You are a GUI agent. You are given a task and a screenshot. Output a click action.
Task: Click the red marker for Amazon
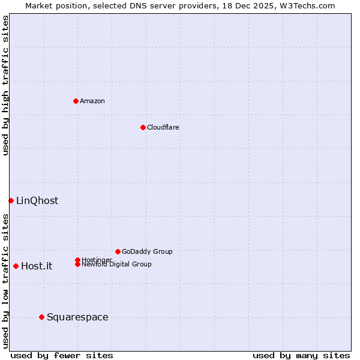(x=76, y=101)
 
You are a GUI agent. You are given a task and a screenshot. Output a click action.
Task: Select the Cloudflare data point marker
(x=143, y=127)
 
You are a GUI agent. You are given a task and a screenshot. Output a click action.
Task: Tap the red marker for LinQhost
(x=11, y=200)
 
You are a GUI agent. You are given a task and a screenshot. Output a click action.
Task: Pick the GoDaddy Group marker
(x=118, y=251)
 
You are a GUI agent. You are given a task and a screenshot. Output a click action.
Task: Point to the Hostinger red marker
(x=77, y=260)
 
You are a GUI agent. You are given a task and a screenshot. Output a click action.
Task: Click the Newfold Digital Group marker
(x=77, y=265)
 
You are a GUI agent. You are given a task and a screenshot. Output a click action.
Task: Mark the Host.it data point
(x=16, y=266)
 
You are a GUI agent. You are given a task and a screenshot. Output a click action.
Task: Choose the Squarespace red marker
(x=41, y=317)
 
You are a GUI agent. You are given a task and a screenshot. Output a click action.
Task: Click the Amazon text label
(x=92, y=101)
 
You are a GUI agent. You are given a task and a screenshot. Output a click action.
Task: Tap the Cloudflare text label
(x=163, y=127)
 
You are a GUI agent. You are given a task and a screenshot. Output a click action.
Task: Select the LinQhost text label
(x=37, y=200)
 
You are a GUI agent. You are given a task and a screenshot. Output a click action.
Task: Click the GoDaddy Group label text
(x=147, y=251)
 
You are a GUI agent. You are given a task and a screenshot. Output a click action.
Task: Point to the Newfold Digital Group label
(x=116, y=265)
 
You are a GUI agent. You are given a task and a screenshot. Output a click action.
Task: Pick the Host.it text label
(x=37, y=266)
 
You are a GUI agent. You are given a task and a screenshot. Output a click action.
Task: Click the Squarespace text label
(x=77, y=317)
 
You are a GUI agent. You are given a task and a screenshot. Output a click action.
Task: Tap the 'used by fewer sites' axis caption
(x=62, y=355)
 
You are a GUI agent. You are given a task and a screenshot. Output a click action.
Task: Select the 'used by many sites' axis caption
(x=301, y=355)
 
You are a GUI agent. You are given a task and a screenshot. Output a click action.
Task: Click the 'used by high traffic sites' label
(x=5, y=85)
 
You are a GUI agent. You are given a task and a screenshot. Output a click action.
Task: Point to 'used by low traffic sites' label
(x=5, y=280)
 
